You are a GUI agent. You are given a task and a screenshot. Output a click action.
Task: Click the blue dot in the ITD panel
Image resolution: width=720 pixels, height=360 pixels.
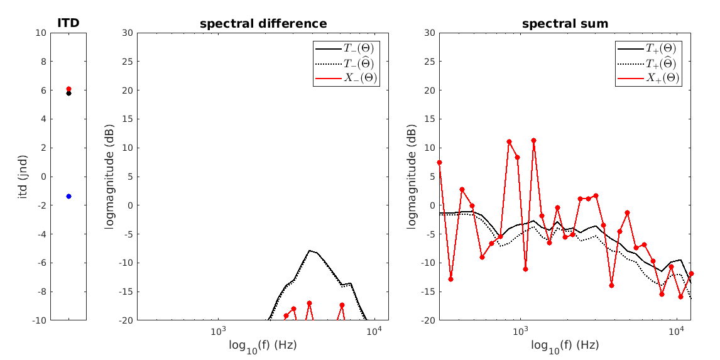pos(68,196)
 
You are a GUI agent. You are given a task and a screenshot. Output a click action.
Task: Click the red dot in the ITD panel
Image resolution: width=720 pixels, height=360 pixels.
pos(68,89)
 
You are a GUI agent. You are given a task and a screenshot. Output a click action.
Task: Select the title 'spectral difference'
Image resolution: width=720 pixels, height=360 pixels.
pos(263,24)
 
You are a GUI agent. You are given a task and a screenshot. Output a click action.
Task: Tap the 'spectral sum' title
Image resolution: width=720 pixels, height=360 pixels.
pos(565,24)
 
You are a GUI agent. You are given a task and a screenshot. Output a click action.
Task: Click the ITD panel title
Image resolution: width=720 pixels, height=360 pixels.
pos(68,24)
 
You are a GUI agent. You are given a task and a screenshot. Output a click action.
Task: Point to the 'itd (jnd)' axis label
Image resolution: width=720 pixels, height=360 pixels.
pos(23,177)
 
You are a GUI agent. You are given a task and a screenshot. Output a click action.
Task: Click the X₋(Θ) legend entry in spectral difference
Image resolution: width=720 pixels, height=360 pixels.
pos(346,78)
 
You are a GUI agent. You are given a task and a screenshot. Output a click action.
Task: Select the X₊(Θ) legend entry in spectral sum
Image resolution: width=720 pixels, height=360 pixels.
pos(648,78)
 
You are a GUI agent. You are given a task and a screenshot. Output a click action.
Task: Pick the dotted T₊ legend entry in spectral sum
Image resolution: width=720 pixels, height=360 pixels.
pos(648,63)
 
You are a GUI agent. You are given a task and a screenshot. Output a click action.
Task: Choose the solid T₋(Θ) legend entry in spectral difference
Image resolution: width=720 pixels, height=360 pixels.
pos(346,48)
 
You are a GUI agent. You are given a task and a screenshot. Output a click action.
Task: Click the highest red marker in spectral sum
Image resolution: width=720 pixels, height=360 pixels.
pos(533,140)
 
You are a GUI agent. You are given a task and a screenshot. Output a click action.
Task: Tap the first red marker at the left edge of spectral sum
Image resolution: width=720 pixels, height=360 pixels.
pos(439,162)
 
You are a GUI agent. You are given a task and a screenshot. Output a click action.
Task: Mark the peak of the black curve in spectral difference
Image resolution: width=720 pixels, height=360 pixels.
pos(310,250)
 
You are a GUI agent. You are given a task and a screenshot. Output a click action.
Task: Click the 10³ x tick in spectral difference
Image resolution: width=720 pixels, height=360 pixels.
pos(218,331)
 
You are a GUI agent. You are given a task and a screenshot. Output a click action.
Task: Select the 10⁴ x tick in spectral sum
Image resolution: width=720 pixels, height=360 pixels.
pos(676,331)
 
